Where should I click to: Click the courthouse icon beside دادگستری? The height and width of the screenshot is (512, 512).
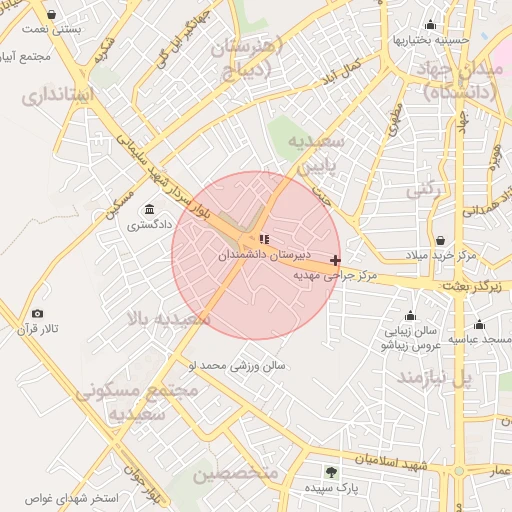coord(149,209)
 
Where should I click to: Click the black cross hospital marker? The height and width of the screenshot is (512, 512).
coord(335,260)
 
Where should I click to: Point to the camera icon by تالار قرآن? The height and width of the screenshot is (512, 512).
coord(38,314)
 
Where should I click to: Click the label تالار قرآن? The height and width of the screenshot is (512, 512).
coord(41,329)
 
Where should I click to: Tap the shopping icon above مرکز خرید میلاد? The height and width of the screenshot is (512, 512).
coord(441,241)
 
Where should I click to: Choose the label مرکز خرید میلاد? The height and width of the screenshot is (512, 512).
coord(441,256)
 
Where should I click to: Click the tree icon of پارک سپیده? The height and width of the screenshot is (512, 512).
coord(331,472)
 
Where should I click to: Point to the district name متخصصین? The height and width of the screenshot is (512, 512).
coord(233,473)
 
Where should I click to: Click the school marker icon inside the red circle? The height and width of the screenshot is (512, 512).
coord(264,238)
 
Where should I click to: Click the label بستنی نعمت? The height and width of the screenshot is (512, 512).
coord(52,30)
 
